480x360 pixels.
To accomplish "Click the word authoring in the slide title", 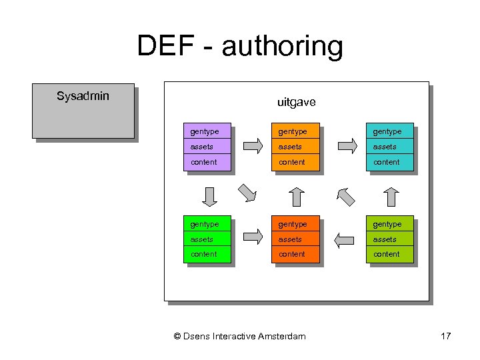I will pyautogui.click(x=282, y=47).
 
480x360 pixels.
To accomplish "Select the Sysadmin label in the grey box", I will pyautogui.click(x=83, y=96).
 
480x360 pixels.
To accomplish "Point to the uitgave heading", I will pyautogui.click(x=296, y=103).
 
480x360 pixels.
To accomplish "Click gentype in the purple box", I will pyautogui.click(x=204, y=131).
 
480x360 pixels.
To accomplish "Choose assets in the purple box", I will pyautogui.click(x=201, y=147).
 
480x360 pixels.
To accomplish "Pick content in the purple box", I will pyautogui.click(x=203, y=162).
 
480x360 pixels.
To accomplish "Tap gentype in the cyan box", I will pyautogui.click(x=387, y=131).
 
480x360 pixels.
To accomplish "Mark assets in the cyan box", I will pyautogui.click(x=385, y=147).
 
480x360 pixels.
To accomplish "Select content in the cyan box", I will pyautogui.click(x=387, y=162).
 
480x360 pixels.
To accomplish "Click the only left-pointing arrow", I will pyautogui.click(x=344, y=239).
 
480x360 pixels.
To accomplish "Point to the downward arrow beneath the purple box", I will pyautogui.click(x=210, y=197).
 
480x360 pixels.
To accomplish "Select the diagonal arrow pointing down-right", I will pyautogui.click(x=247, y=193).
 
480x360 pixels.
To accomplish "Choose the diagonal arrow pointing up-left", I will pyautogui.click(x=346, y=195).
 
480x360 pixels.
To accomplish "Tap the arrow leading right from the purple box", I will pyautogui.click(x=253, y=146).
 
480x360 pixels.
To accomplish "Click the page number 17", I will pyautogui.click(x=446, y=336).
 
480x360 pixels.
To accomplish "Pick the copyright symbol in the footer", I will pyautogui.click(x=177, y=336).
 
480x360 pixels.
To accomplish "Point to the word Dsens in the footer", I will pyautogui.click(x=197, y=336).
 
